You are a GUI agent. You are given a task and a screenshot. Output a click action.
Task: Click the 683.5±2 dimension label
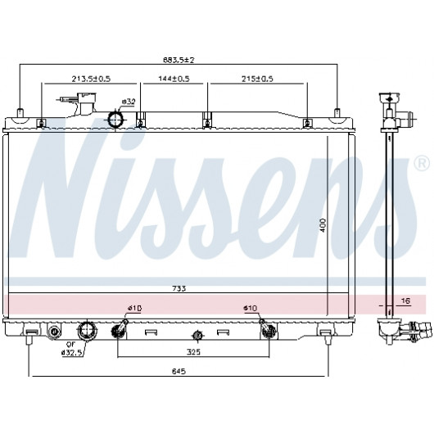click(x=179, y=60)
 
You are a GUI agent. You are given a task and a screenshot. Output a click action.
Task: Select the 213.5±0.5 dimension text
click(x=91, y=79)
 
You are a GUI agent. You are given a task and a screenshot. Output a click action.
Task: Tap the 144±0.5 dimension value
click(x=174, y=79)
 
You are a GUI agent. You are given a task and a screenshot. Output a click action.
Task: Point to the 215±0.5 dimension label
click(x=257, y=79)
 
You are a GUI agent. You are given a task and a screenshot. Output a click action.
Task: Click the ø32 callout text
click(x=129, y=102)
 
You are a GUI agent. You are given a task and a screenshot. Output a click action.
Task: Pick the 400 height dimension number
click(x=323, y=225)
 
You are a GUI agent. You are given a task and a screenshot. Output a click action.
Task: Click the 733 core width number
click(x=179, y=289)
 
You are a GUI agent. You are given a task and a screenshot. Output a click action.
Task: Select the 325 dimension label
click(x=193, y=352)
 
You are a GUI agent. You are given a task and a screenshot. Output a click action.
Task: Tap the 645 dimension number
click(x=179, y=371)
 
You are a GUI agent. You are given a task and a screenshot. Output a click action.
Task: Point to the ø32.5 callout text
click(x=72, y=353)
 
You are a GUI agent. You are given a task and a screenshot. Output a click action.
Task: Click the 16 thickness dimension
click(x=405, y=301)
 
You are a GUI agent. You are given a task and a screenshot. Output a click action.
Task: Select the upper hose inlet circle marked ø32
click(x=115, y=120)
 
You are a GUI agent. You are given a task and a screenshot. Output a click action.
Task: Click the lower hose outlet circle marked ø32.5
click(x=88, y=331)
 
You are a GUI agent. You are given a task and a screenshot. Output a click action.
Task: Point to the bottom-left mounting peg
click(x=29, y=340)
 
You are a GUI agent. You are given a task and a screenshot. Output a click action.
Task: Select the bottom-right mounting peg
click(x=328, y=340)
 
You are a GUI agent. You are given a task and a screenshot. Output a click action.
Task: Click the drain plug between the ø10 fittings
click(x=197, y=336)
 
